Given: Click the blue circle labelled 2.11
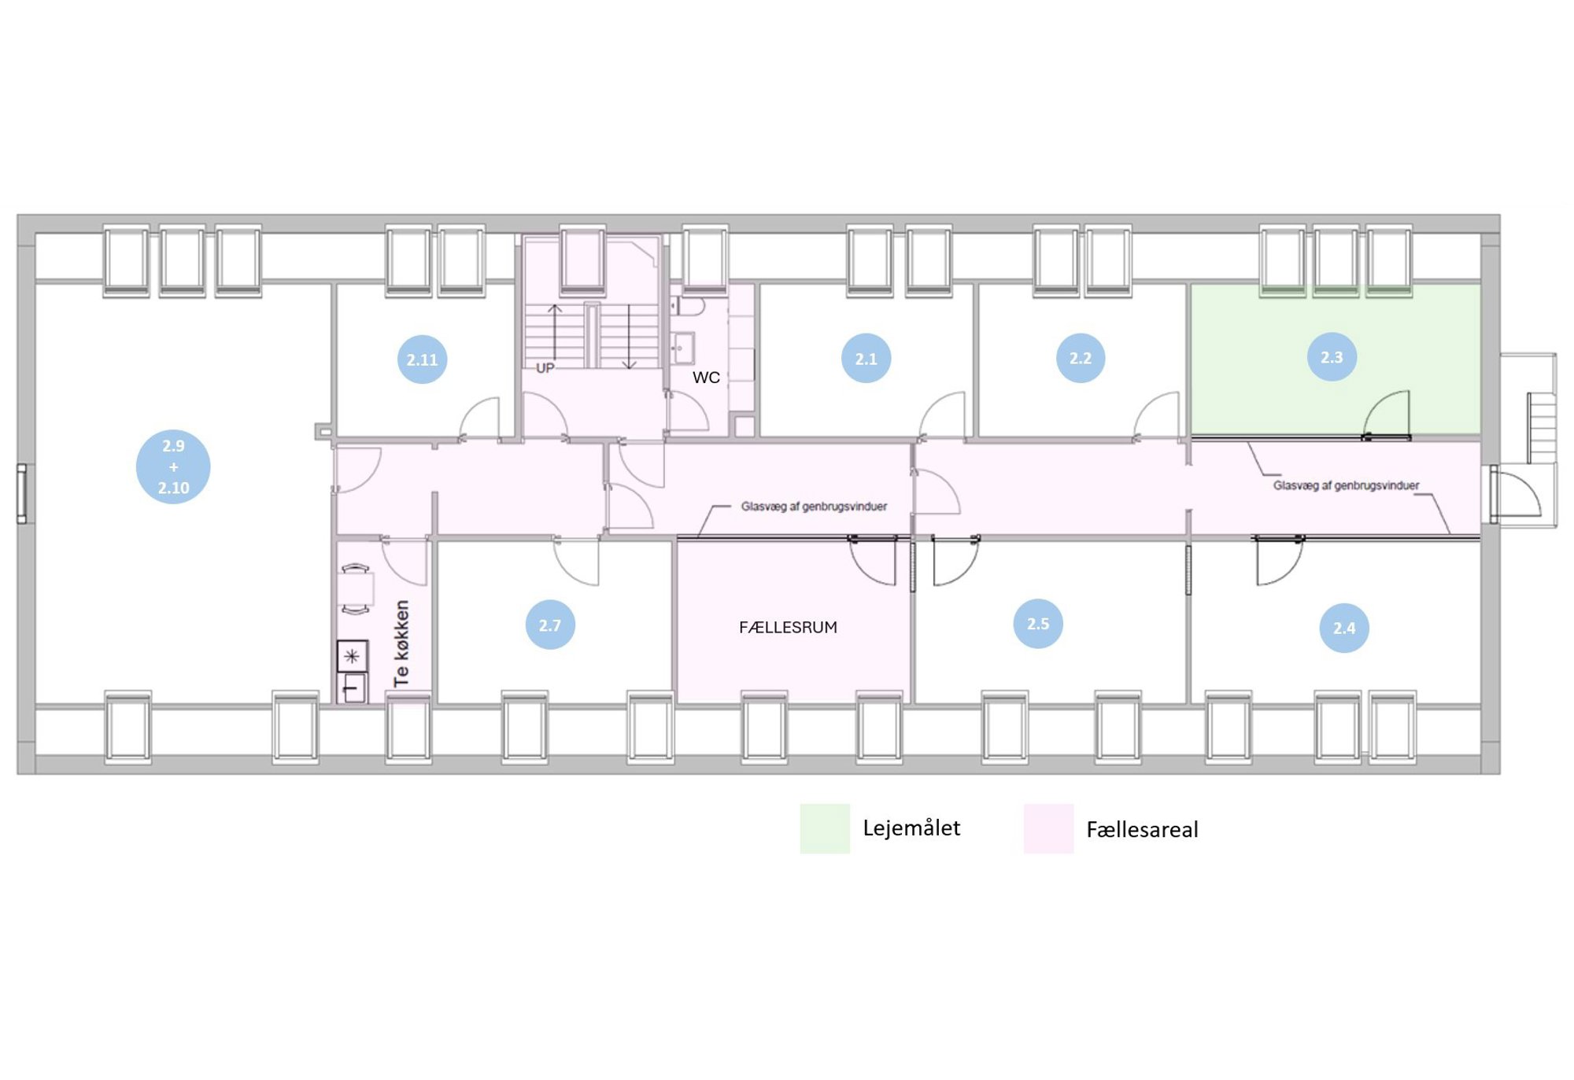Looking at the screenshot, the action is tap(422, 359).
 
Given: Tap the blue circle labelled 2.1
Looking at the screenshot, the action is tap(866, 359).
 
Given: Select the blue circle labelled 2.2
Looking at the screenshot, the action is tap(1080, 358).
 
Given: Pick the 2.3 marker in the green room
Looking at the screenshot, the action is tap(1331, 357).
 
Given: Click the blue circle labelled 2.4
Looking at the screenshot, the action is tap(1343, 628).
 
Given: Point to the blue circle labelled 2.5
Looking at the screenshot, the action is tap(1037, 624).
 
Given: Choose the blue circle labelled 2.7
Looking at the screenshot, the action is tap(549, 625).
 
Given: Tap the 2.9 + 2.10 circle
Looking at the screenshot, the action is tap(173, 466).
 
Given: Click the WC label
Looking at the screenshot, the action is tap(706, 378).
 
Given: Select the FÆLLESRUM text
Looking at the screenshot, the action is tap(788, 627).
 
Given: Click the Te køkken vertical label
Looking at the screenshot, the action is tap(401, 643).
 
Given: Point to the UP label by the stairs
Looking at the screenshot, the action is tap(545, 367).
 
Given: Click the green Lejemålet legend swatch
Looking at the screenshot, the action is tap(825, 828).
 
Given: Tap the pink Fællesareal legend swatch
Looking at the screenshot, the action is tap(1048, 828).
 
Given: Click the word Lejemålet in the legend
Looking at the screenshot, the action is tap(911, 828).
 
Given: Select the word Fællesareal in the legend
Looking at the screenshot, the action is tap(1142, 829).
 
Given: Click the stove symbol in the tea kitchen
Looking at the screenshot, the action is tap(352, 656).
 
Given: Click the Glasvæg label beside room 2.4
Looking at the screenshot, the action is tap(1346, 485).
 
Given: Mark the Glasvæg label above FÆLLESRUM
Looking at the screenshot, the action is tap(814, 507).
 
